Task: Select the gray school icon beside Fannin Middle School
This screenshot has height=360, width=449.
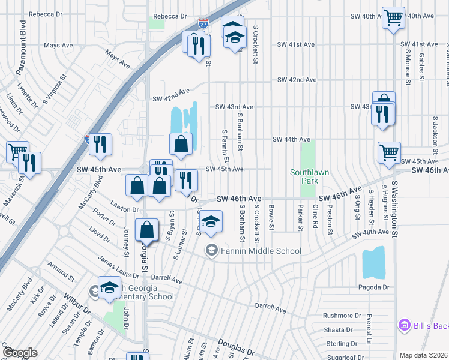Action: [x=211, y=251]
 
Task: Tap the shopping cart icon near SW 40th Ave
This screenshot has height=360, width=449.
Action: [x=393, y=19]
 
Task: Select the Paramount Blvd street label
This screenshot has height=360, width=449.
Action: [x=23, y=40]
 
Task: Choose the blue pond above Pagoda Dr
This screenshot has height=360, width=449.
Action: [x=373, y=262]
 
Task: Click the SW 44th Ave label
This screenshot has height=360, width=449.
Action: [x=291, y=139]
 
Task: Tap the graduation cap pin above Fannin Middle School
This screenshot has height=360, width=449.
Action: [x=211, y=222]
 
